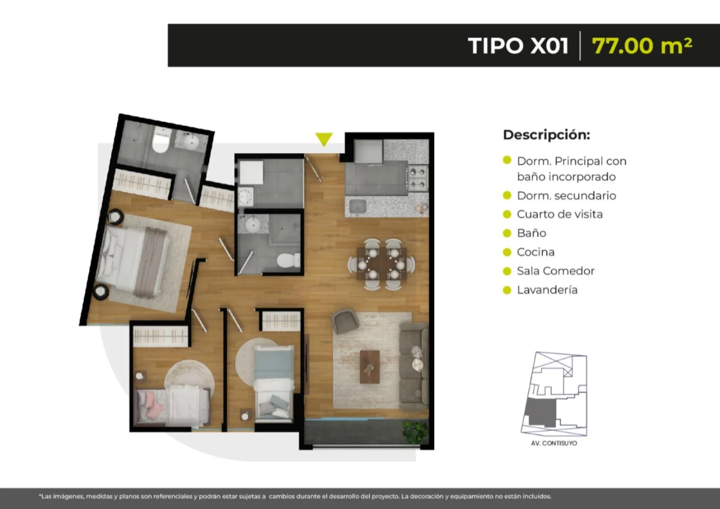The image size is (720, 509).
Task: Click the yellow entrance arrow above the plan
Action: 324,139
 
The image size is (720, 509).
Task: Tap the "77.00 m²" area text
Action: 642,45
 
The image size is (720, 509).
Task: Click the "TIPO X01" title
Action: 518,45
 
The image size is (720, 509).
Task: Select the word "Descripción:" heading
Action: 546,135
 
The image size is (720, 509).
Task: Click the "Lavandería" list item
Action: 547,290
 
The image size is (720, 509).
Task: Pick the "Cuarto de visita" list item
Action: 560,214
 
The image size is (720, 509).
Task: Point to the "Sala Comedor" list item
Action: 556,271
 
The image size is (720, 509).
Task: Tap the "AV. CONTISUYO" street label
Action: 554,443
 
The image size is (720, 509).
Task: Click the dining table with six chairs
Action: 382,264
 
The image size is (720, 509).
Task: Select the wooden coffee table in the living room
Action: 369,367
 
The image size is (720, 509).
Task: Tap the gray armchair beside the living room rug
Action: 345,320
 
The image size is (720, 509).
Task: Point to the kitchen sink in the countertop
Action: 357,207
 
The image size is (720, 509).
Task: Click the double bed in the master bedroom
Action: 132,261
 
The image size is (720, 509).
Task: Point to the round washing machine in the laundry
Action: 245,196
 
